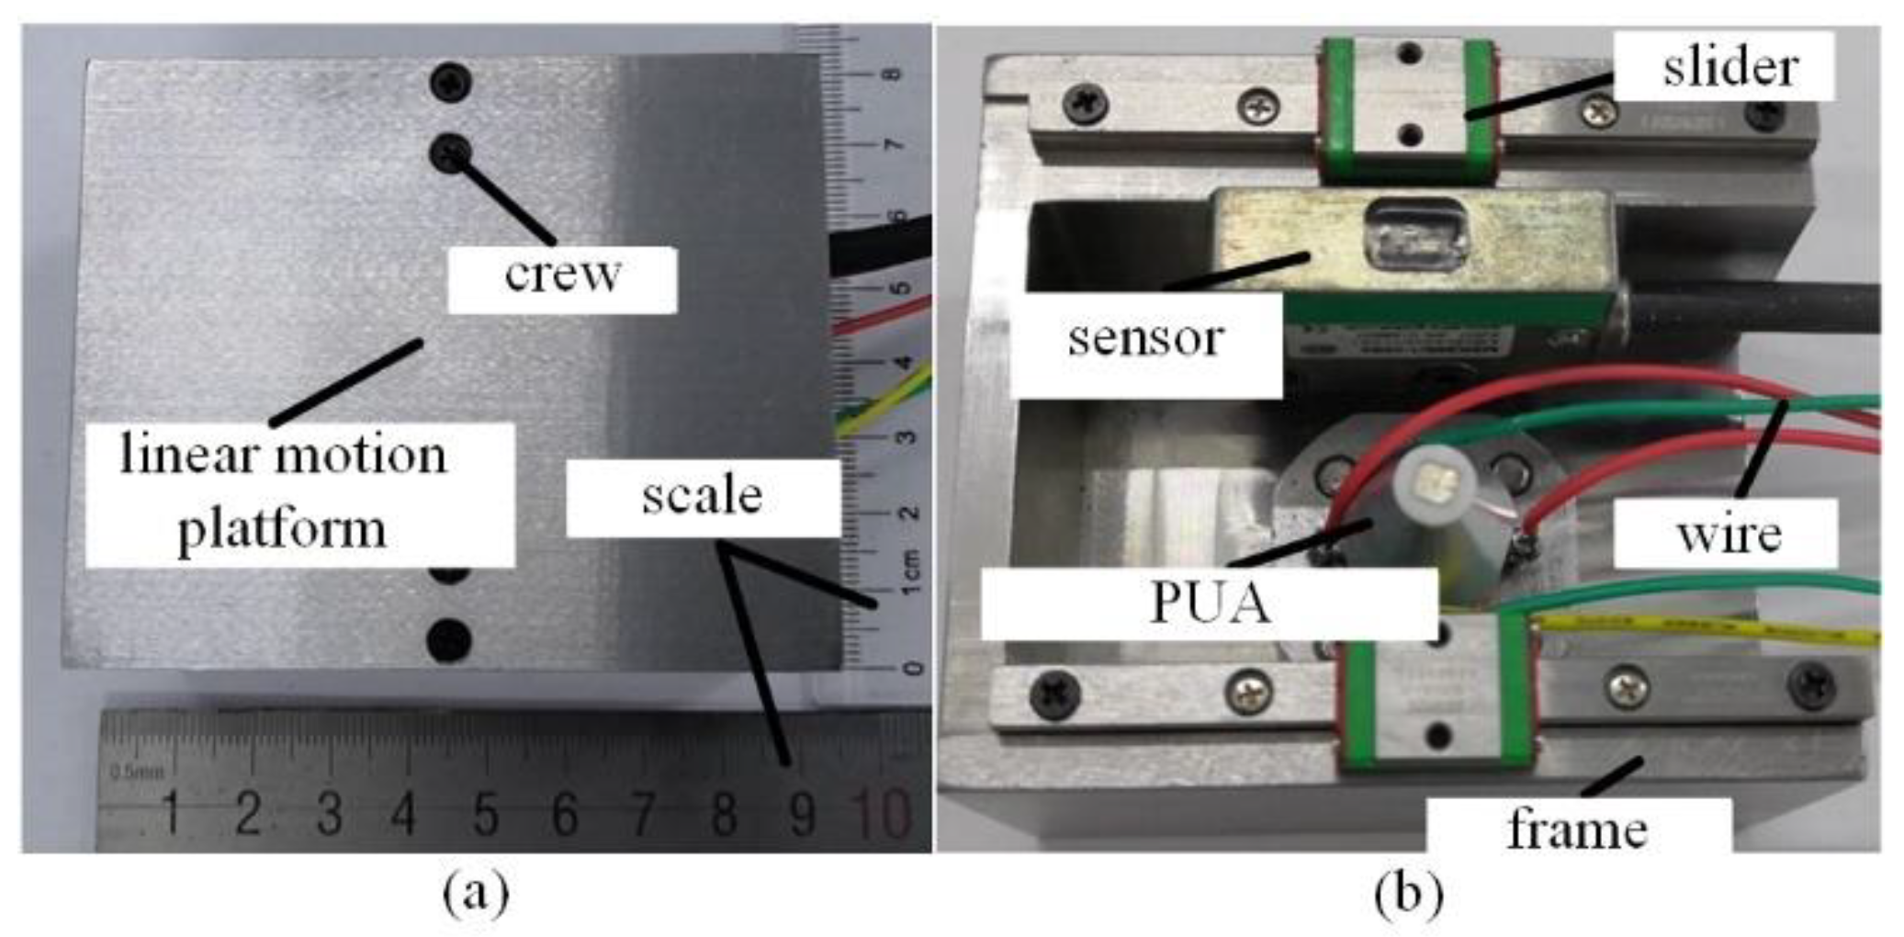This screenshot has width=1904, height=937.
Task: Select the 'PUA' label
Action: coord(1210,604)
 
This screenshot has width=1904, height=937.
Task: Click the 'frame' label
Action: coord(1577,829)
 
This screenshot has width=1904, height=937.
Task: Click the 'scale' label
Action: coord(703,497)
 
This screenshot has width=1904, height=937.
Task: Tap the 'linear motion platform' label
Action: coord(285,493)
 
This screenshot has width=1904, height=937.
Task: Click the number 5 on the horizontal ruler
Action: coord(485,814)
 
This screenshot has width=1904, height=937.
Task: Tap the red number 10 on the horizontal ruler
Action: coord(880,814)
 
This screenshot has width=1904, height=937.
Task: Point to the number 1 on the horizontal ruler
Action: coord(171,814)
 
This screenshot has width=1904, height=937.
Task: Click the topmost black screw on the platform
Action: coord(450,83)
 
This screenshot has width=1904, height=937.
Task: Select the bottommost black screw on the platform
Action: coord(449,639)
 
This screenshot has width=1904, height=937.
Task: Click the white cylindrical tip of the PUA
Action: coord(1434,481)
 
